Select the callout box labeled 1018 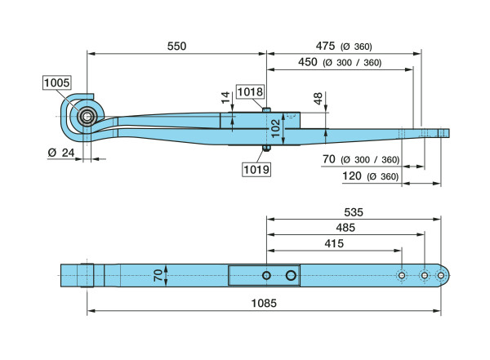point(250,91)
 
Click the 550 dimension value point(176,47)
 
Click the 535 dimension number point(354,211)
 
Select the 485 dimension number point(345,228)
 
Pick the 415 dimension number point(336,243)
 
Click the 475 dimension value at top point(329,46)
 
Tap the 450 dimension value point(308,63)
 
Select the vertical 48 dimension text point(318,99)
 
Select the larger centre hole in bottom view point(291,276)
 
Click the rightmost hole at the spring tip point(441,276)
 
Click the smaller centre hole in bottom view point(266,276)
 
